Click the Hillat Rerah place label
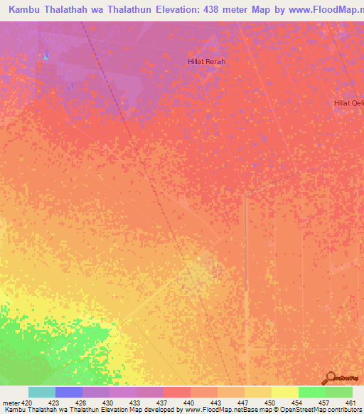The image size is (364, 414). coord(206,62)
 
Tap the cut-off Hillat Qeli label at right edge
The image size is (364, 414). coord(348,103)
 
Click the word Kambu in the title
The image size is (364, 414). coord(26,10)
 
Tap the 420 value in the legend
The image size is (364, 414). coord(27,402)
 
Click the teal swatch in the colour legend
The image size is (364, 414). coord(41,392)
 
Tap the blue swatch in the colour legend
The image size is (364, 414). coord(68,392)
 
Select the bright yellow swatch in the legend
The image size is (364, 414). coord(284,392)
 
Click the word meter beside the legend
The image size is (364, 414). coord(11,402)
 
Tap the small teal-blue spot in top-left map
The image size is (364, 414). coord(46,55)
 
